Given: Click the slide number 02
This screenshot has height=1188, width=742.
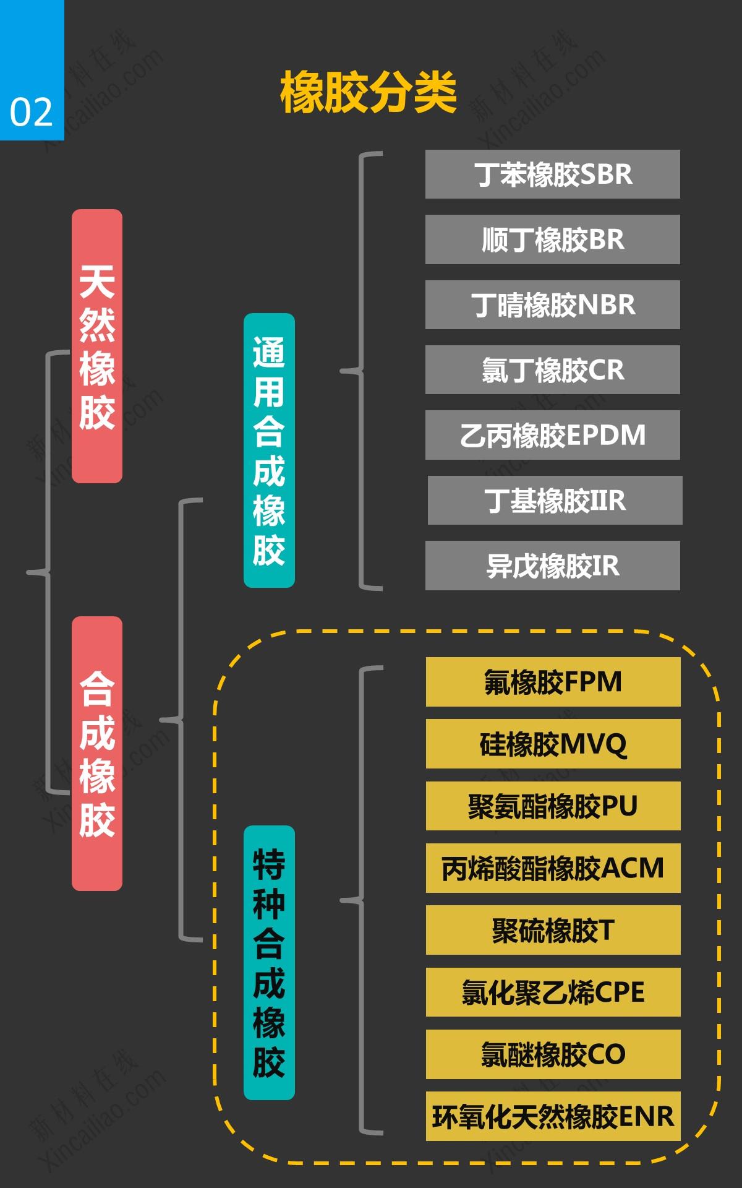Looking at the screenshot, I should pos(31,112).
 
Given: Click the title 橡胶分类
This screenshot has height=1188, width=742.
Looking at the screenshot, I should pos(369,93).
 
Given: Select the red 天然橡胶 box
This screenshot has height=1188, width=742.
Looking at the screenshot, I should pos(97,346).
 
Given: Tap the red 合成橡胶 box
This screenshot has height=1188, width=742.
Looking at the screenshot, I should pos(97,753).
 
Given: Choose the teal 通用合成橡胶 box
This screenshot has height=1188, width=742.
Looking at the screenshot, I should pos(269,450).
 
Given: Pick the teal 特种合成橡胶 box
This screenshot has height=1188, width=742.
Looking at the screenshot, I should pos(269,962).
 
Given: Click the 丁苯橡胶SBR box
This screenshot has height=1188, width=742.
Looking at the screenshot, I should pos(552,174).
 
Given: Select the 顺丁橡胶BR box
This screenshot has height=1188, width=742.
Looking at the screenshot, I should pos(552,239).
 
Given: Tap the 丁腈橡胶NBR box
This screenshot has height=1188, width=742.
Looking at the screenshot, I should pos(552,304).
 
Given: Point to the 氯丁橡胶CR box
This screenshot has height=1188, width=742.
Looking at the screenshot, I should pos(552,370).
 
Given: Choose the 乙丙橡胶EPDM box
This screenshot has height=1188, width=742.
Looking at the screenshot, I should pos(552,435).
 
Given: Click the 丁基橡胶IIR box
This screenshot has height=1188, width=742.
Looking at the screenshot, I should pos(555,501).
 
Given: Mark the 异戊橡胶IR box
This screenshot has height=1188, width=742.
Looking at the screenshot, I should pos(552,566).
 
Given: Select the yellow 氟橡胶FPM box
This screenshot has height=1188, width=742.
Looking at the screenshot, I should pos(553,682).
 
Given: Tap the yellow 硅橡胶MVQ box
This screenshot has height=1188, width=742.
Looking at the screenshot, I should pos(553,744).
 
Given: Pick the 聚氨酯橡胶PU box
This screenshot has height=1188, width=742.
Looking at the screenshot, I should pos(553,806).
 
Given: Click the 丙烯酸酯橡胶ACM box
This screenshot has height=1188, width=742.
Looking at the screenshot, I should pos(553,868).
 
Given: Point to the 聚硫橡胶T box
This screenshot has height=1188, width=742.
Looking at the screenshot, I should pos(553,930).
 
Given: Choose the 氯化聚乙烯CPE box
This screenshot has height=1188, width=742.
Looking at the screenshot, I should pos(553,992).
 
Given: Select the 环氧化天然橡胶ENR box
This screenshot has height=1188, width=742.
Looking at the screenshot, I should pos(553,1116).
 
